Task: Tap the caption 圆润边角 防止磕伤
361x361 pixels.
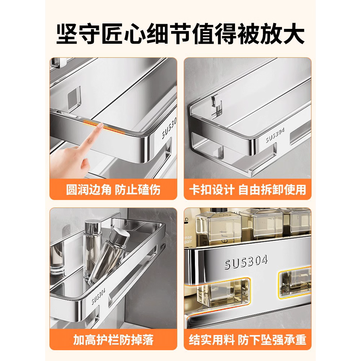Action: tap(113, 190)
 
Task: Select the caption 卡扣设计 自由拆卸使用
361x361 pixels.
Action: tap(247, 190)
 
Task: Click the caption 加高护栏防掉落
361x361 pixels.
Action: tap(113, 340)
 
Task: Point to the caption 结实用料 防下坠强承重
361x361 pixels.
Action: tap(247, 340)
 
